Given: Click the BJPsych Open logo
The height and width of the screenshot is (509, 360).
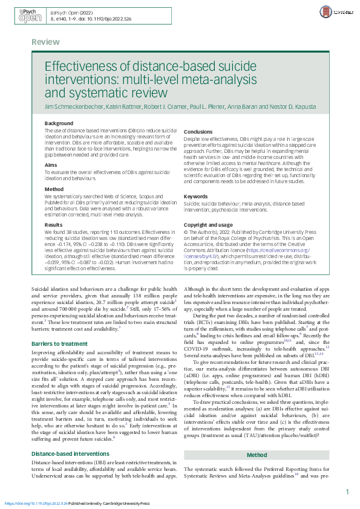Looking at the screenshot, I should click(x=30, y=16).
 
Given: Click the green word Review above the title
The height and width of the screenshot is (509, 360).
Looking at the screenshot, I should click(x=45, y=42).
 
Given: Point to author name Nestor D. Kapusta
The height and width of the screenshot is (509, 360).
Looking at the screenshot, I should click(x=294, y=106).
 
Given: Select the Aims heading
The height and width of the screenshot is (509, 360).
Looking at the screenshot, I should click(x=51, y=164).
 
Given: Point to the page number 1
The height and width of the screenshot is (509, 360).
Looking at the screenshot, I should click(x=347, y=492).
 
